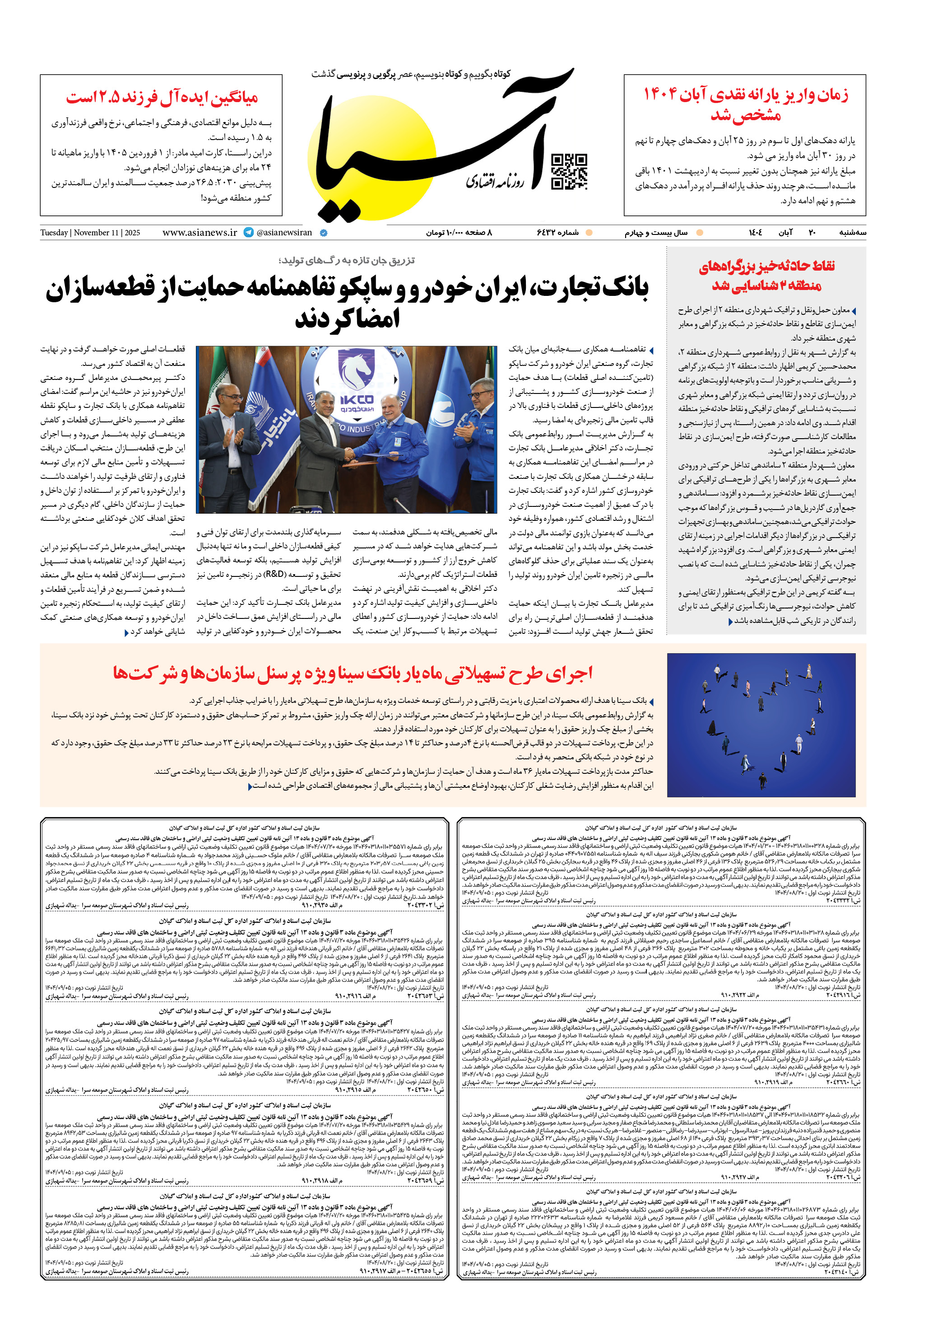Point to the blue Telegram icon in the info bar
tap(249, 232)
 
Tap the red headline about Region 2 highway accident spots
tap(766, 276)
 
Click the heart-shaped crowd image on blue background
tap(761, 725)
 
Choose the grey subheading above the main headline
tap(346, 260)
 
